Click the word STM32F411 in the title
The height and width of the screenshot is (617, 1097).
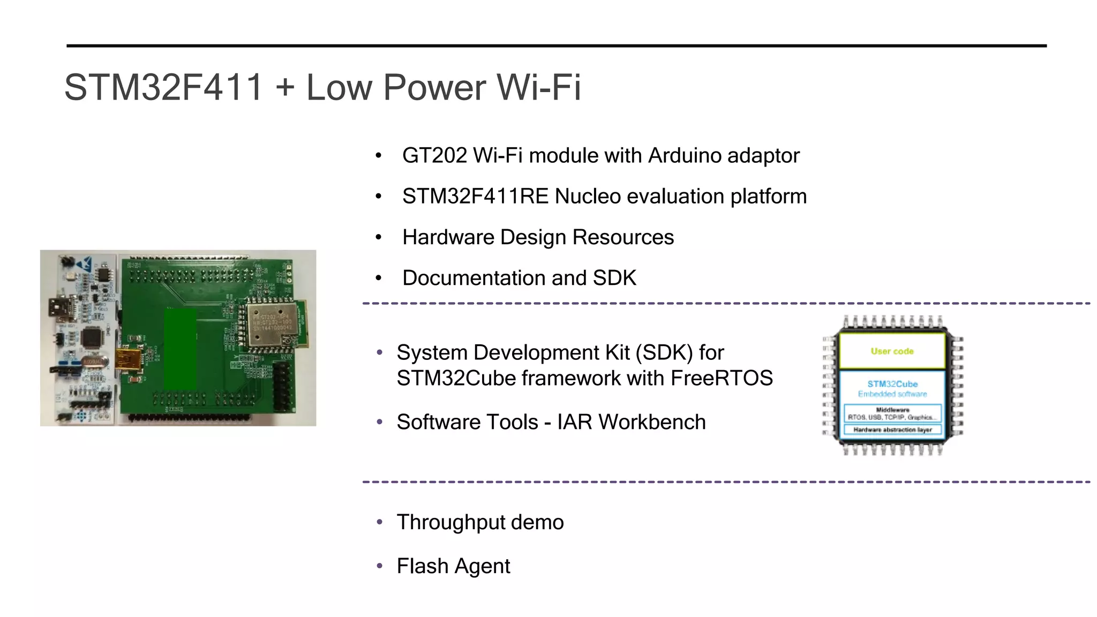(163, 87)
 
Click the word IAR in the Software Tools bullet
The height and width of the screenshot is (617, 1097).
(574, 422)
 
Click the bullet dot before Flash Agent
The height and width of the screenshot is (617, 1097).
(380, 566)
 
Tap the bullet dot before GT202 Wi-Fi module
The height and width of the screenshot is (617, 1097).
(379, 156)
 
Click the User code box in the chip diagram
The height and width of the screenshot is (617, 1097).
(892, 351)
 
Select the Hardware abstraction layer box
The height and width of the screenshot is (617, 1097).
(892, 430)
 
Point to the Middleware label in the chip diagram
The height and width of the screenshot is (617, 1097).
(892, 410)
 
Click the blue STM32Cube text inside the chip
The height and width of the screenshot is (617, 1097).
(892, 384)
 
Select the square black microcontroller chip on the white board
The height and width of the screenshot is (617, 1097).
(92, 337)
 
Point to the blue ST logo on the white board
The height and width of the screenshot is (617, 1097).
(84, 264)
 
